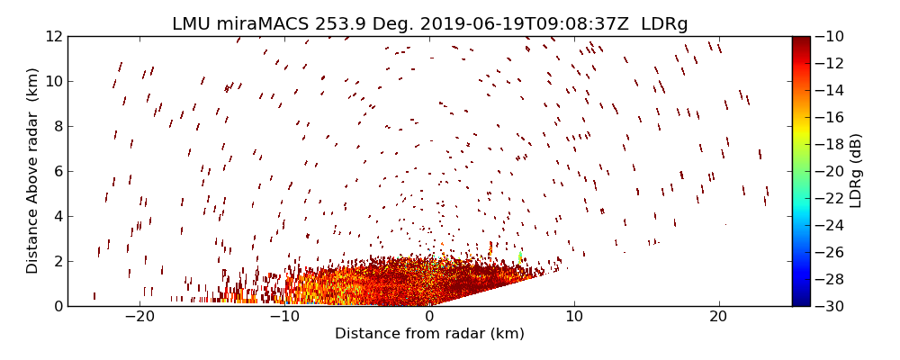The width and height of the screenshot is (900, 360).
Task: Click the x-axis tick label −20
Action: click(x=139, y=317)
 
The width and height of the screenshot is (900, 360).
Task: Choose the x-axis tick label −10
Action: click(x=284, y=317)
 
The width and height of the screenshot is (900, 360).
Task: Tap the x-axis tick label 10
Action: click(x=574, y=317)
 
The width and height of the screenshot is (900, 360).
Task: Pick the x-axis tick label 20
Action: click(x=718, y=317)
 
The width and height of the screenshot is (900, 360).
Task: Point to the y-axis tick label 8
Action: click(x=57, y=127)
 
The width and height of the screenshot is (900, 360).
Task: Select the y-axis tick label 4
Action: click(x=57, y=216)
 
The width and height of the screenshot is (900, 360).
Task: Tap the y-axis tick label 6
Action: click(x=57, y=171)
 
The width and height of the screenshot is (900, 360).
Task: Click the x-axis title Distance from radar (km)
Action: click(x=429, y=334)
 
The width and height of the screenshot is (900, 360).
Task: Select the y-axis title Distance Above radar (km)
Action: click(x=33, y=171)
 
